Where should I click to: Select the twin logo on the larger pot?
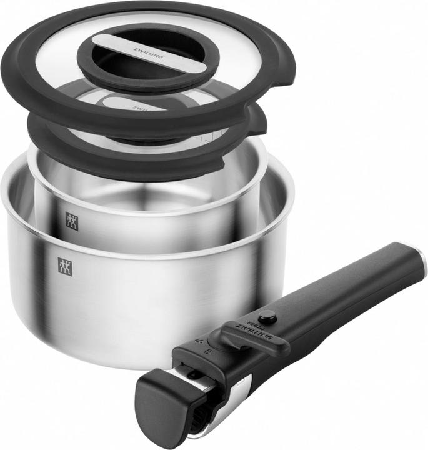65,267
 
